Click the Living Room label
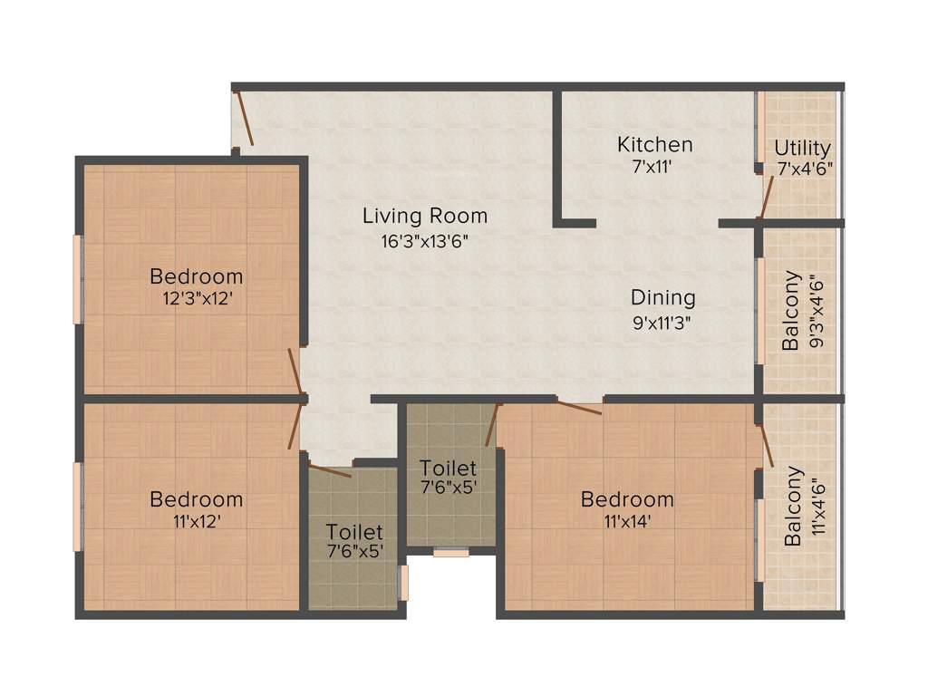(425, 216)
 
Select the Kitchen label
(654, 144)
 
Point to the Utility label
(802, 148)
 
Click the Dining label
(662, 297)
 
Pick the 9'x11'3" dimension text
(662, 323)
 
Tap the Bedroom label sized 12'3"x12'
(196, 276)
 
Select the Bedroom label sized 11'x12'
(196, 499)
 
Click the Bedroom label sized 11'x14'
(627, 499)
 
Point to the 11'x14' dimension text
(627, 521)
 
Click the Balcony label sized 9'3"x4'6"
(792, 311)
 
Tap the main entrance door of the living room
(243, 120)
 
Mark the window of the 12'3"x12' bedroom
(79, 278)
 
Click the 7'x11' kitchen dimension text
(654, 168)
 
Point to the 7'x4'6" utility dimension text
(804, 169)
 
